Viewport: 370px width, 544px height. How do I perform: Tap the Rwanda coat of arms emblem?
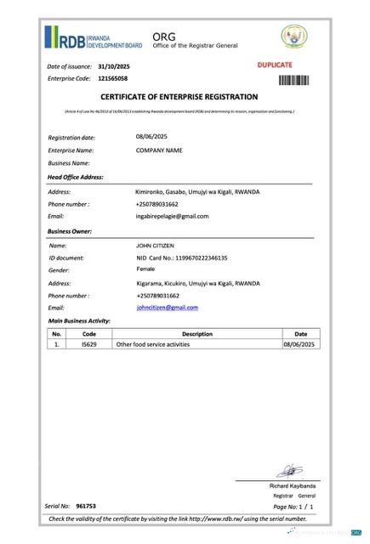tap(294, 37)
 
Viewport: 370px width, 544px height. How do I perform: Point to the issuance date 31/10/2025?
tap(114, 65)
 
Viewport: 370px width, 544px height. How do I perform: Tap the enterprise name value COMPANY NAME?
tap(160, 150)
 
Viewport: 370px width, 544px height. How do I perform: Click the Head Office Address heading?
tap(76, 177)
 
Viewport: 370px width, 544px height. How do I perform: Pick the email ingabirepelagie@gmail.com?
tap(172, 216)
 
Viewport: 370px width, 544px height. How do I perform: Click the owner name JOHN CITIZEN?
tap(155, 245)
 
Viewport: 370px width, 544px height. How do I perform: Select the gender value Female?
tap(146, 269)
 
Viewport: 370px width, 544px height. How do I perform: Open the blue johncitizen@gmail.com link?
tap(167, 307)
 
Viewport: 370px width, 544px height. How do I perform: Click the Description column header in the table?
tap(196, 334)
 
